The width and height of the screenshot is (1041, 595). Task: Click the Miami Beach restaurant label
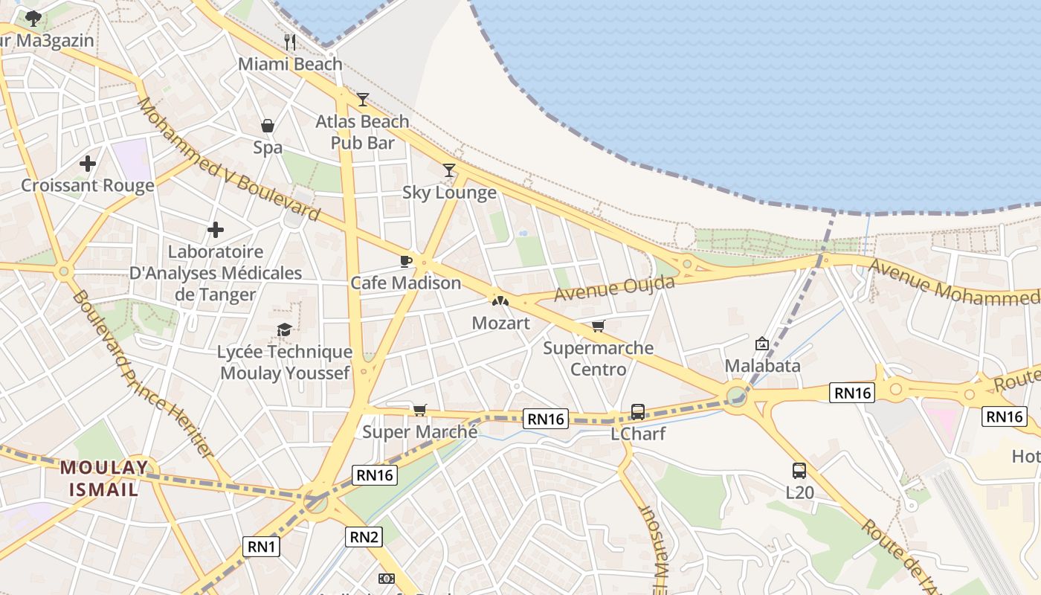[x=290, y=64]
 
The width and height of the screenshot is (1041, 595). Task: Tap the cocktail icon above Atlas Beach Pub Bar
[x=363, y=99]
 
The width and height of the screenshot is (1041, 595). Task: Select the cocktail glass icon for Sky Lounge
[x=449, y=170]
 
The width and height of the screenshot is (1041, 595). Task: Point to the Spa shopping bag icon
[x=268, y=126]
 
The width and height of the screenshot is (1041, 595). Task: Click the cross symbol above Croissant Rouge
[x=88, y=163]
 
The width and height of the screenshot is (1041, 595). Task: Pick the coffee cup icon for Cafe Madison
[x=405, y=261]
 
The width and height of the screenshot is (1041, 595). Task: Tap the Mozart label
[x=501, y=324]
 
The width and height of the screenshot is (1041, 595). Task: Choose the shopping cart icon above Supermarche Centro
[x=598, y=326]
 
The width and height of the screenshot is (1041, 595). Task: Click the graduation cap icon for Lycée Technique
[x=284, y=329]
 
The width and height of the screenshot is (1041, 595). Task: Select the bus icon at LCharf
[x=638, y=411]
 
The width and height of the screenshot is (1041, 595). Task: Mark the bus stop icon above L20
[x=799, y=470]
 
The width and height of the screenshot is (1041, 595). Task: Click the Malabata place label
[x=762, y=366]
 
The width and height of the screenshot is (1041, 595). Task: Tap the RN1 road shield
[x=261, y=547]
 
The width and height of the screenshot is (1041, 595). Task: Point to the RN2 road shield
[x=365, y=536]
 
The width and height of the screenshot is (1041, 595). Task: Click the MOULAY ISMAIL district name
[x=104, y=478]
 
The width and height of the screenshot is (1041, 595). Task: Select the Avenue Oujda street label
[x=615, y=288]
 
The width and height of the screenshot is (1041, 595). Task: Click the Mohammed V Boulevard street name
[x=229, y=160]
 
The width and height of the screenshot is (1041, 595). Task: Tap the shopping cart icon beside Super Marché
[x=420, y=410]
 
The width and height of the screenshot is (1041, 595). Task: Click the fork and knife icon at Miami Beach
[x=290, y=42]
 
